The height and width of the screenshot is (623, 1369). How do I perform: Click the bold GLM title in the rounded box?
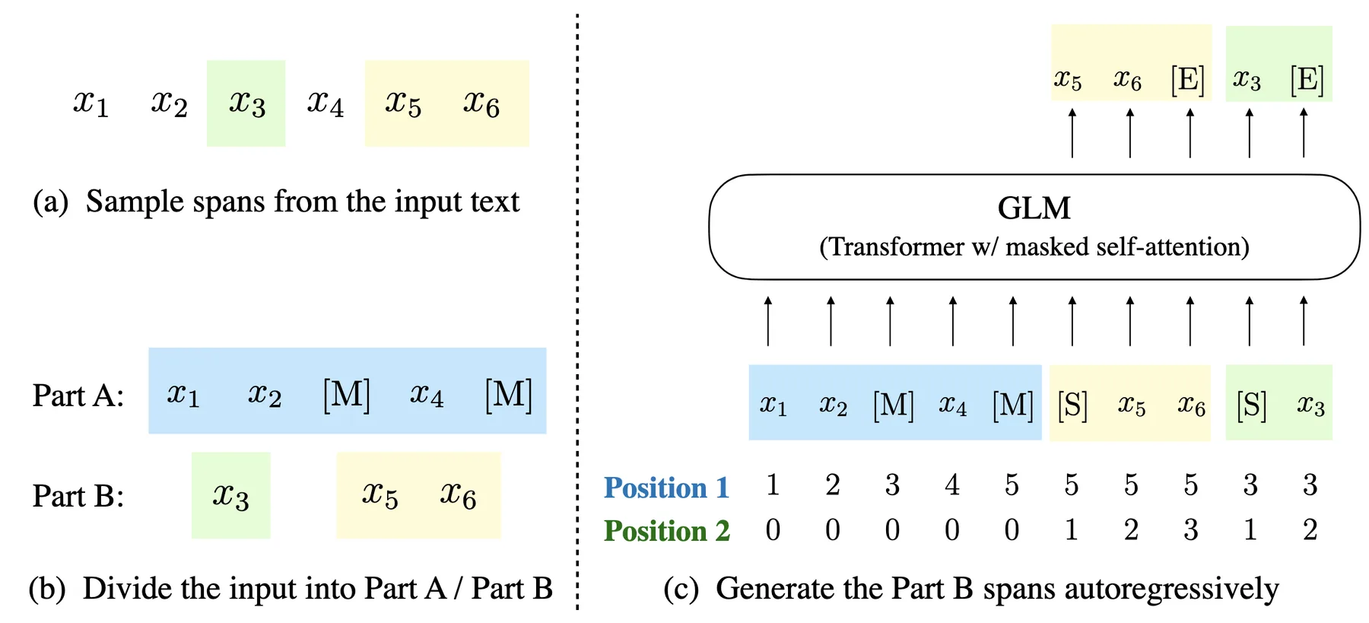1034,208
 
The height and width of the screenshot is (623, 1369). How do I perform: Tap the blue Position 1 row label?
666,488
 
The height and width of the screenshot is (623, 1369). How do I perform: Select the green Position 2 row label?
666,531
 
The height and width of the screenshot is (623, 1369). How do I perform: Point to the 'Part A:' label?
78,396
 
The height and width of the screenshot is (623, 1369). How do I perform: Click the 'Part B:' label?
78,496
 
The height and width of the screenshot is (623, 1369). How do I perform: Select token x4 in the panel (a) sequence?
325,103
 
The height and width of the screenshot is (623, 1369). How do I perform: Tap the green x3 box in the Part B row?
230,496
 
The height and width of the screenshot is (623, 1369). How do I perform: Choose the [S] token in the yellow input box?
1072,405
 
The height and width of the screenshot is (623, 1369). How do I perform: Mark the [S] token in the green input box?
1251,405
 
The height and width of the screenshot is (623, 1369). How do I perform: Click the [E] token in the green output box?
1307,80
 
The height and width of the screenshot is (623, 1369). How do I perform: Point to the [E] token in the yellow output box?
1188,80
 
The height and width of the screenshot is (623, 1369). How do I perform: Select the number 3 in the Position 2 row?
1191,530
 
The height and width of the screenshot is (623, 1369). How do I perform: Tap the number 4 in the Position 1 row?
952,485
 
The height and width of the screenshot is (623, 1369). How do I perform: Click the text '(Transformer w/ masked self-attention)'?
1034,247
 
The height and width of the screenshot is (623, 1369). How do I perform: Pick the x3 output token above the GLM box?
1247,80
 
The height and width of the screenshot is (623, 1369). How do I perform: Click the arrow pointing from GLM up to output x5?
1072,133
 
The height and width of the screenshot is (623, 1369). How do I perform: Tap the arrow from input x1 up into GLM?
768,321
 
